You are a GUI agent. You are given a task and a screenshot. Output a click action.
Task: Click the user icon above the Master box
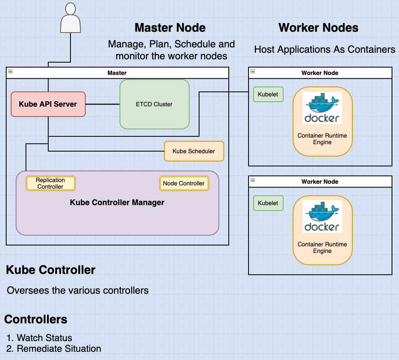[x=70, y=19]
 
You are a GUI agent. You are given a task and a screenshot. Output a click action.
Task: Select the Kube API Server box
[x=48, y=104]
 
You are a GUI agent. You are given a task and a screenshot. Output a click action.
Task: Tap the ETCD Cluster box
[x=154, y=104]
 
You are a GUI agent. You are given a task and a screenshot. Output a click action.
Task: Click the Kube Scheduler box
[x=194, y=151]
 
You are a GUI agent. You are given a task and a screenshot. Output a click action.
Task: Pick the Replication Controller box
[x=50, y=183]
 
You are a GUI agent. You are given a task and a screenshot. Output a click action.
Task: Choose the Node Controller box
[x=184, y=183]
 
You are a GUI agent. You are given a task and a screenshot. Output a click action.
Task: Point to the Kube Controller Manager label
[x=117, y=202]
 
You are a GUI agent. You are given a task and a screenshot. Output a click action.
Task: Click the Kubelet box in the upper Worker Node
[x=268, y=94]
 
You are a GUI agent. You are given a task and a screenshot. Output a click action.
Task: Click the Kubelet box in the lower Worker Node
[x=268, y=203]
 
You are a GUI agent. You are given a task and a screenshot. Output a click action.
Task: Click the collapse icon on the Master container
[x=10, y=71]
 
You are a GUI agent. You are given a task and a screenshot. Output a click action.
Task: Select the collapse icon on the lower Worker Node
[x=253, y=180]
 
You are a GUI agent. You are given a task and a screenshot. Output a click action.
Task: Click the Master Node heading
[x=170, y=28]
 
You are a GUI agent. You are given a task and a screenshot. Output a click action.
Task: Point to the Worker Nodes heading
[x=318, y=28]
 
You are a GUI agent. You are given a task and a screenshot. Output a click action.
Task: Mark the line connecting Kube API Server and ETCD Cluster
[x=102, y=104]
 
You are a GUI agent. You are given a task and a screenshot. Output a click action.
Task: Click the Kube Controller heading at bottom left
[x=51, y=270]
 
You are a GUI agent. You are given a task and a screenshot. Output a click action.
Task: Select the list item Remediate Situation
[x=59, y=348]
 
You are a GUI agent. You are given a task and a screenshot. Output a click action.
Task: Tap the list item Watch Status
[x=44, y=338]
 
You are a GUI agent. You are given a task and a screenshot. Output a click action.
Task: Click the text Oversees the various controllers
[x=77, y=290]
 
